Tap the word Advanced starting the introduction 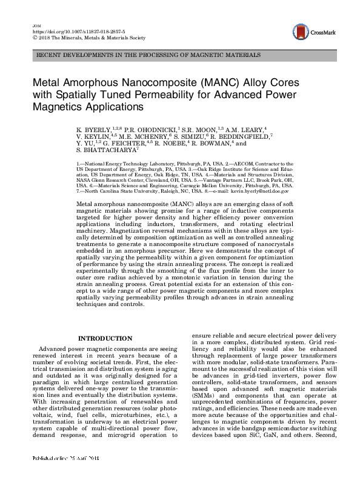click(51, 350)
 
